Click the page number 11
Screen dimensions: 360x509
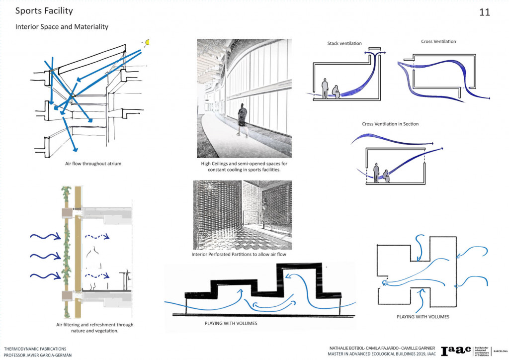tap(484, 12)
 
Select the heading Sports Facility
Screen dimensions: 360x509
tap(44, 10)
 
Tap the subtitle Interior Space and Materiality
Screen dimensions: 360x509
tap(62, 26)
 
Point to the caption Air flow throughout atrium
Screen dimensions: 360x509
tap(93, 163)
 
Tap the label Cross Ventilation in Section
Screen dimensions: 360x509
tap(390, 124)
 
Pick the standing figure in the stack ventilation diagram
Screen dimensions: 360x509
tap(325, 88)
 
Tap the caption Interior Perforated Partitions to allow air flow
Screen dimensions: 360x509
tap(239, 255)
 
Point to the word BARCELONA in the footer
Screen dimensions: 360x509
tap(499, 351)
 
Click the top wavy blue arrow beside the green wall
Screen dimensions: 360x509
tap(44, 237)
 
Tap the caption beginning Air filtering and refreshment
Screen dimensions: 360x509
tap(94, 328)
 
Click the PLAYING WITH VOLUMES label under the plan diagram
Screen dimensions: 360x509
tap(423, 316)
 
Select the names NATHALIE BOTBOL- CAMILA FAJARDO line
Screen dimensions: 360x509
tap(382, 348)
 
